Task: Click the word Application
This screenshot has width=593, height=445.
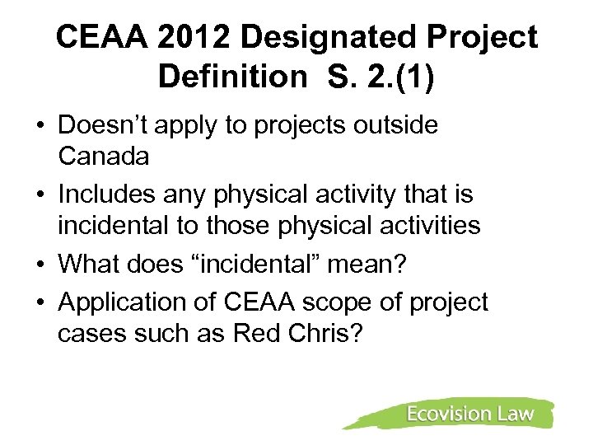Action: click(x=126, y=303)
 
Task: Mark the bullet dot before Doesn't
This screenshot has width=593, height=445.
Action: click(x=40, y=127)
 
